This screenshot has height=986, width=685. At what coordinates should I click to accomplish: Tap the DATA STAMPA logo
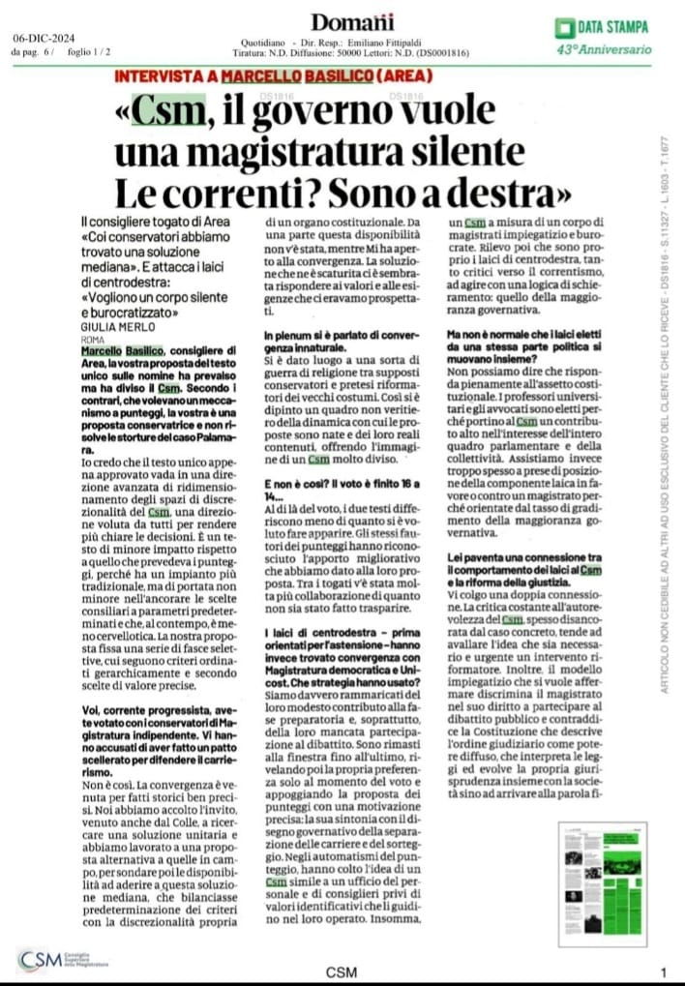(601, 27)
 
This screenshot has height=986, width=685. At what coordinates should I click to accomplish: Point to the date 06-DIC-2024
(47, 39)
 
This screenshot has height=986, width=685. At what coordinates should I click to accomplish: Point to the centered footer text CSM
(341, 971)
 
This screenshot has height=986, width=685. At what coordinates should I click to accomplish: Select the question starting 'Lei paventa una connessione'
(514, 566)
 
